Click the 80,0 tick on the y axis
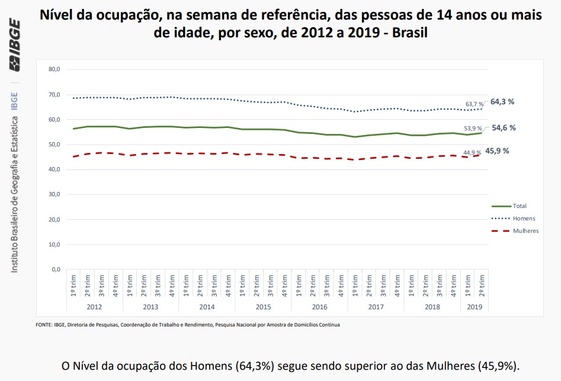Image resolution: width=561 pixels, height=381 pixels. click(x=54, y=69)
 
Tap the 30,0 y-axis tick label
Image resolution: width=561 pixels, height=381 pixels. click(x=54, y=194)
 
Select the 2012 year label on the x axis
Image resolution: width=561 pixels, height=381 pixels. click(x=94, y=307)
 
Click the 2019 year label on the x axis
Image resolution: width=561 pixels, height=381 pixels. click(x=475, y=307)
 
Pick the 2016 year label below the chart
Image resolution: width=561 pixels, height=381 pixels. click(x=319, y=307)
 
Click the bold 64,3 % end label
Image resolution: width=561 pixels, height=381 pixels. click(x=502, y=102)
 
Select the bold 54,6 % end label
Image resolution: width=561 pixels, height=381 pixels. click(x=503, y=127)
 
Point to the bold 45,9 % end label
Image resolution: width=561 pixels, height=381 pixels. click(x=497, y=151)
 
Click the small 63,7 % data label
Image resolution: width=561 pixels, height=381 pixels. click(x=473, y=104)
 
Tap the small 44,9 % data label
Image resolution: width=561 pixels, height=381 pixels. click(x=472, y=153)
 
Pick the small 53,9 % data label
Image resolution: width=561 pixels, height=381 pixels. click(x=473, y=129)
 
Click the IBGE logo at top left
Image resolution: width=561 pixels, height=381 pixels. click(x=14, y=45)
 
